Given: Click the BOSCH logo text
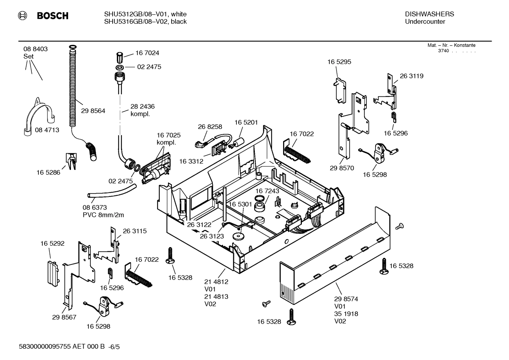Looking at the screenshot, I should (x=52, y=16).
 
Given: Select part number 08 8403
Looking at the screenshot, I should (x=35, y=49).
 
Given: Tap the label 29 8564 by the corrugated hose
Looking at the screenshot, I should (x=93, y=111).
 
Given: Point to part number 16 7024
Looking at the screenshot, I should (x=147, y=53).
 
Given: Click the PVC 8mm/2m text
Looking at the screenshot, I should (x=103, y=215).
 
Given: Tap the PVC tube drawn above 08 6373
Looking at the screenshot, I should (x=111, y=192).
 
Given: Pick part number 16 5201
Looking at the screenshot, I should (x=246, y=122).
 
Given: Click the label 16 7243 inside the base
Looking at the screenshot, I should (x=267, y=191).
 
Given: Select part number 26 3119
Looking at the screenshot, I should (x=412, y=76).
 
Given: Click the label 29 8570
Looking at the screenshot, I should (x=342, y=168).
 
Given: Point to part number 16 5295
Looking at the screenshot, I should (x=339, y=62).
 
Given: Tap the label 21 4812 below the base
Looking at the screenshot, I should (x=216, y=282).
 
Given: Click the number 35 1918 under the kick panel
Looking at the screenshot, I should (x=346, y=314).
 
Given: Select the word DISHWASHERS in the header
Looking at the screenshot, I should (x=429, y=14).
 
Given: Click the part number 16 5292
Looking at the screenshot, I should (x=52, y=243).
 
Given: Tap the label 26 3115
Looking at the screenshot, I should (x=134, y=231).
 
